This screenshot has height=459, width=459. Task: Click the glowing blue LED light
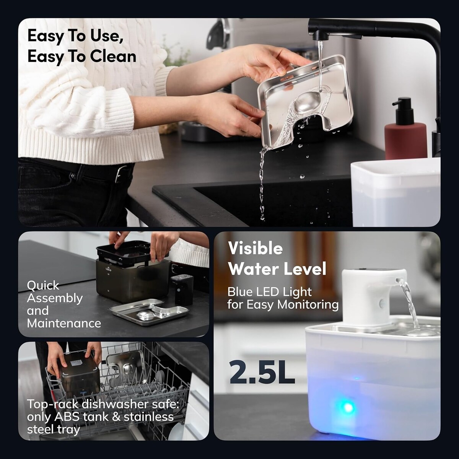pyautogui.click(x=348, y=408)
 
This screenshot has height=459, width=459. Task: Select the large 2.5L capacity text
pyautogui.click(x=262, y=373)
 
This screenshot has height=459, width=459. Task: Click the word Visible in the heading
pyautogui.click(x=256, y=248)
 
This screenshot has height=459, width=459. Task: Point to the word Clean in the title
pyautogui.click(x=113, y=57)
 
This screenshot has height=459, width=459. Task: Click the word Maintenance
pyautogui.click(x=64, y=323)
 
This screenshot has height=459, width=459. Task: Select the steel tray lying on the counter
pyautogui.click(x=149, y=312)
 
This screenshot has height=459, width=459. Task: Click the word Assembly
pyautogui.click(x=55, y=298)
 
